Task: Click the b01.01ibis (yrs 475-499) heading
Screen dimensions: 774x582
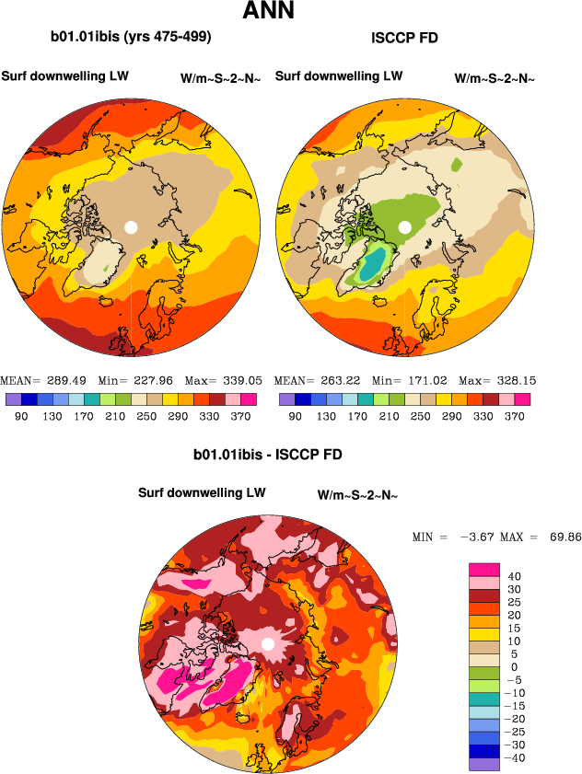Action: click(x=131, y=38)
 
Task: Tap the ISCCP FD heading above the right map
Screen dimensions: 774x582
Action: click(x=403, y=38)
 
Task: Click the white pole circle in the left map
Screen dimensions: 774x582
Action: click(x=131, y=226)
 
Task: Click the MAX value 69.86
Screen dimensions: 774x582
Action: click(x=562, y=537)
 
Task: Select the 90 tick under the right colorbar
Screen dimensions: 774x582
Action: click(x=295, y=416)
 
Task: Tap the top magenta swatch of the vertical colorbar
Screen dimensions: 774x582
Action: click(x=479, y=569)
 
